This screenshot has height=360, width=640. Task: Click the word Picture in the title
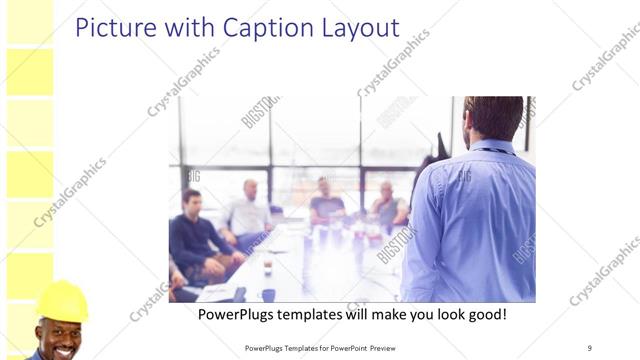point(112,27)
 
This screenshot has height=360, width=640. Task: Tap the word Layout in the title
point(355,27)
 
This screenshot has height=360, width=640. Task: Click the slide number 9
point(590,347)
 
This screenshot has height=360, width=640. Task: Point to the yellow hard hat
point(62,301)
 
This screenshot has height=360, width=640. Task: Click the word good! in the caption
point(480,314)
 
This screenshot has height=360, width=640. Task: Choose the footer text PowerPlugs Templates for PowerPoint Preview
point(327,348)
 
